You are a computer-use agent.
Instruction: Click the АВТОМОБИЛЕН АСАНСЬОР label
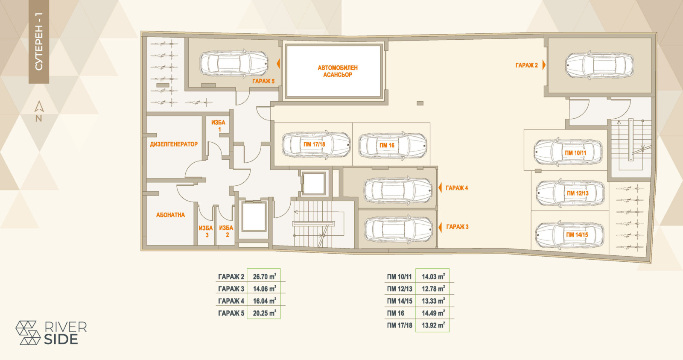[338, 71]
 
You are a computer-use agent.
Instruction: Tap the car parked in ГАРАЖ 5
[234, 63]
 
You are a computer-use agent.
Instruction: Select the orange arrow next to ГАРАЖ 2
[544, 65]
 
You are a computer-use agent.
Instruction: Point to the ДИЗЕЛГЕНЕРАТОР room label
[174, 144]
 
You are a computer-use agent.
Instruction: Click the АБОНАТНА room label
[170, 215]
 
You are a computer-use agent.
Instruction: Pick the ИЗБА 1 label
[218, 126]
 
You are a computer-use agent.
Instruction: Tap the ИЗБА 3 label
[206, 231]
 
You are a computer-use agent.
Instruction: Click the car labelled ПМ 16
[392, 146]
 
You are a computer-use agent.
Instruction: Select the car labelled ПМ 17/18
[316, 145]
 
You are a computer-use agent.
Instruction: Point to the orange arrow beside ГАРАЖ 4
[440, 187]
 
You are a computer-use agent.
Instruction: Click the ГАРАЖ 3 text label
[457, 227]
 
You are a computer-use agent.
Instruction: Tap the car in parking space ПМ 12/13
[570, 193]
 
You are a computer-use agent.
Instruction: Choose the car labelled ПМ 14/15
[569, 234]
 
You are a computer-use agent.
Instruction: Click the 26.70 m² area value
[264, 276]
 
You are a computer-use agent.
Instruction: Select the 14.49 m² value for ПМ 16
[433, 313]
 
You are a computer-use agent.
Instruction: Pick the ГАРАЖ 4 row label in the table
[231, 301]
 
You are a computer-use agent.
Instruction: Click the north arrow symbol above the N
[39, 106]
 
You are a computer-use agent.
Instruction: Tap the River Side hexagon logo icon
[28, 333]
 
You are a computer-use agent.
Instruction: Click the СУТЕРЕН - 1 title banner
[39, 42]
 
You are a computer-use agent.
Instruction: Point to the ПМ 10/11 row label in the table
[400, 277]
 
